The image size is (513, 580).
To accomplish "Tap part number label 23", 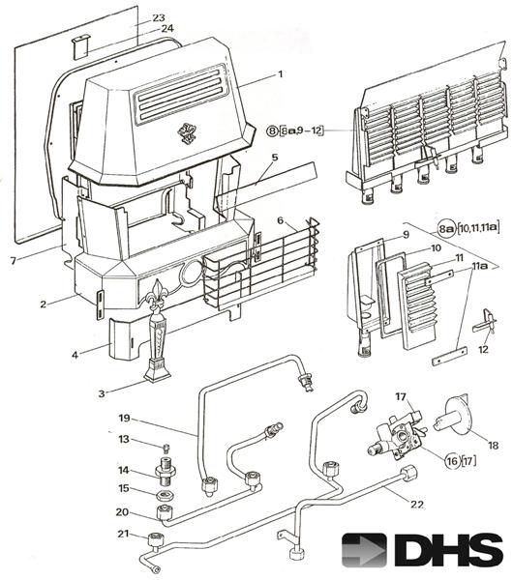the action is tap(158, 17).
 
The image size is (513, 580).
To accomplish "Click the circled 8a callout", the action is tap(446, 229).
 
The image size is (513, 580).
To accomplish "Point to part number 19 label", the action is tap(125, 418).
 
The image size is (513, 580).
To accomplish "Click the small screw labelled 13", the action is tap(166, 449).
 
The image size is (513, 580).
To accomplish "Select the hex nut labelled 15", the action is tap(165, 495).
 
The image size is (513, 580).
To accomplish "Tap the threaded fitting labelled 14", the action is tap(166, 470).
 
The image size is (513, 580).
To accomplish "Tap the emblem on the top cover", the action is tap(188, 133).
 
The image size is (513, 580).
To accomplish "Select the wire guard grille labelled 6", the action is tap(261, 263).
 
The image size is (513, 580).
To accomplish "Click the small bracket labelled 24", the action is tap(80, 46).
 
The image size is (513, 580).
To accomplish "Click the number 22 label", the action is tap(417, 505).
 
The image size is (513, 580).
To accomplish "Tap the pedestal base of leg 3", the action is tap(158, 371).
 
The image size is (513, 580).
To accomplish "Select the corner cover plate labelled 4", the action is tap(126, 338).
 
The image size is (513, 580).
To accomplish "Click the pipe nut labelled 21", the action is tap(156, 539).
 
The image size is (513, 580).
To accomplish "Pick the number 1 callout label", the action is tap(281, 74).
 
